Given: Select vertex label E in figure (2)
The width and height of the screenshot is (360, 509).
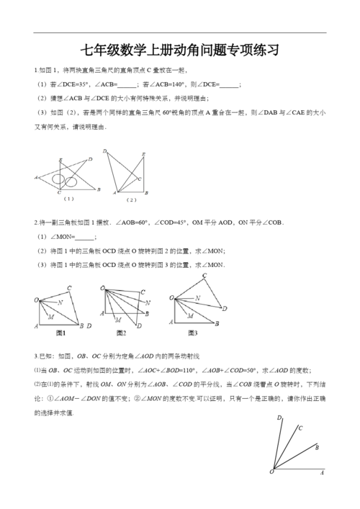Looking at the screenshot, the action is click(x=144, y=155).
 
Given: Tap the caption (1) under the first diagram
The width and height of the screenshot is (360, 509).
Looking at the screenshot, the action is click(x=69, y=198).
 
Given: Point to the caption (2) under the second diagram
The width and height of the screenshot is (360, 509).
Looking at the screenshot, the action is click(x=131, y=199).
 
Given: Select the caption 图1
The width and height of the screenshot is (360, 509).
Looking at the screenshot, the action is click(x=61, y=333).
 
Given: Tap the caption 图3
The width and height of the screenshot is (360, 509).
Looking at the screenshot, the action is click(x=192, y=333).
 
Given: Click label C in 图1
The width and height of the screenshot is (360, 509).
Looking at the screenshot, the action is click(x=69, y=288).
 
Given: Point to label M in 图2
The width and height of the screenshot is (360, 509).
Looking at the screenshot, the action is click(x=117, y=312).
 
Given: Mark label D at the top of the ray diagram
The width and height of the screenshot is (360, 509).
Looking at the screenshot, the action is click(x=279, y=418).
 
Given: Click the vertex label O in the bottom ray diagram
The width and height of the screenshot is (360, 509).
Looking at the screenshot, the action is click(x=271, y=472).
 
